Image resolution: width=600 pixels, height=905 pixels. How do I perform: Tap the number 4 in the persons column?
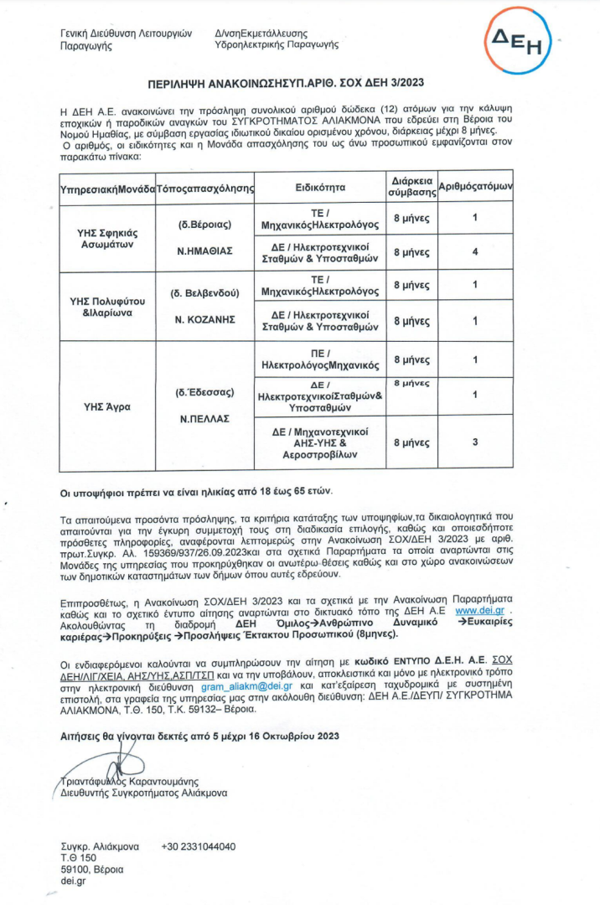click(x=474, y=251)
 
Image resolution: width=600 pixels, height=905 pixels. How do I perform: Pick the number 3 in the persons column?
click(x=474, y=441)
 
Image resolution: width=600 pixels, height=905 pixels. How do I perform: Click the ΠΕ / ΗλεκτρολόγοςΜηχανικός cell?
click(x=319, y=359)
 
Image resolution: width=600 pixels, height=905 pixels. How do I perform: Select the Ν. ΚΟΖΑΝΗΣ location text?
click(x=204, y=320)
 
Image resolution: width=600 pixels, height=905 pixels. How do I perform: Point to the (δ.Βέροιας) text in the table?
click(x=204, y=226)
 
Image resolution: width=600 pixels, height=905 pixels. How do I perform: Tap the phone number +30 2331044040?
click(x=199, y=846)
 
